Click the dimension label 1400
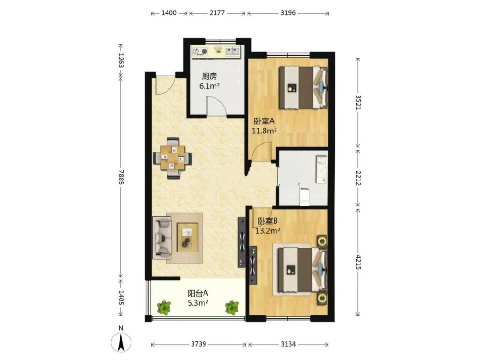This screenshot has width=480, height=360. pyautogui.click(x=168, y=13)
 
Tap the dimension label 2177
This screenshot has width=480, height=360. pyautogui.click(x=217, y=13)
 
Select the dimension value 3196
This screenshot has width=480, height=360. pyautogui.click(x=288, y=13)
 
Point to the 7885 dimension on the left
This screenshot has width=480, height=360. pyautogui.click(x=120, y=177)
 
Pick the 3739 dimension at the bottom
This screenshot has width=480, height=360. pyautogui.click(x=198, y=344)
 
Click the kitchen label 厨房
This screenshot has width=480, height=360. pyautogui.click(x=209, y=76)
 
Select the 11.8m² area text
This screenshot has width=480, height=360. pyautogui.click(x=264, y=131)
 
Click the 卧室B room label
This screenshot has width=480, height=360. pyautogui.click(x=267, y=221)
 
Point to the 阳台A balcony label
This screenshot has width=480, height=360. pyautogui.click(x=198, y=293)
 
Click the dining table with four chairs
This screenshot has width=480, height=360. pyautogui.click(x=173, y=158)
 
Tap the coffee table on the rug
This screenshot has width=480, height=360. pyautogui.click(x=187, y=238)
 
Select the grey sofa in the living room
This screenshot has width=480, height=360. pyautogui.click(x=162, y=236)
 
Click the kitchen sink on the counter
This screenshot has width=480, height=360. pyautogui.click(x=233, y=51)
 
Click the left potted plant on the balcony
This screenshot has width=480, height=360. pyautogui.click(x=164, y=308)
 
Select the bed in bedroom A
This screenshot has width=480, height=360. pyautogui.click(x=303, y=87)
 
